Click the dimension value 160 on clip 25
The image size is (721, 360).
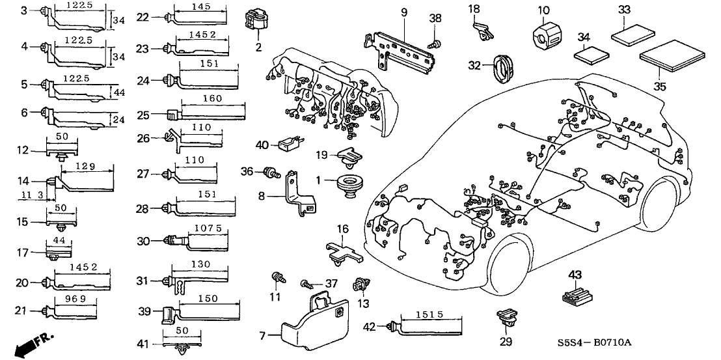(x=213, y=99)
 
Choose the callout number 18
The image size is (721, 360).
(x=474, y=8)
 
